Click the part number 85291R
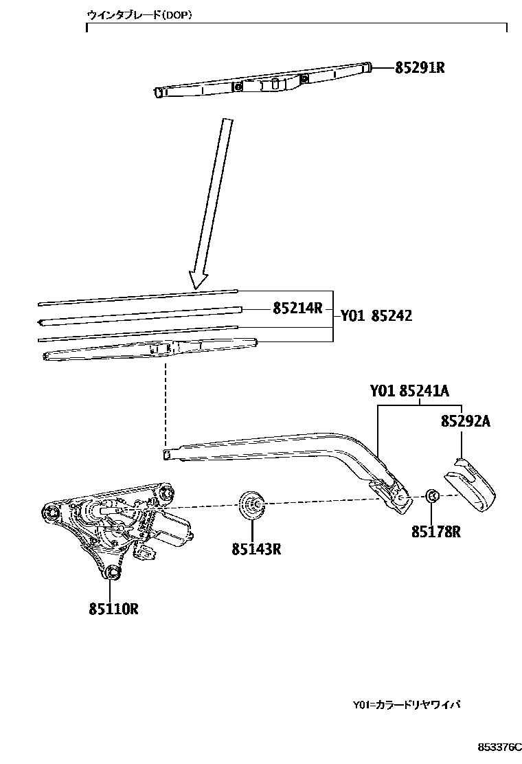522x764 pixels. (420, 68)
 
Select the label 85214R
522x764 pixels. (297, 308)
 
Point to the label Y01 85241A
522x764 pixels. (409, 392)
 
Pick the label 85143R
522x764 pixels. (256, 549)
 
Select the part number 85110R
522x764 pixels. (113, 608)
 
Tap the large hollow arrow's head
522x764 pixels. (198, 278)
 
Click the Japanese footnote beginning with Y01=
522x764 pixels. (406, 705)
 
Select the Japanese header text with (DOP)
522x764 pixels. (139, 14)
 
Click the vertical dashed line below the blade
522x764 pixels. (166, 402)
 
